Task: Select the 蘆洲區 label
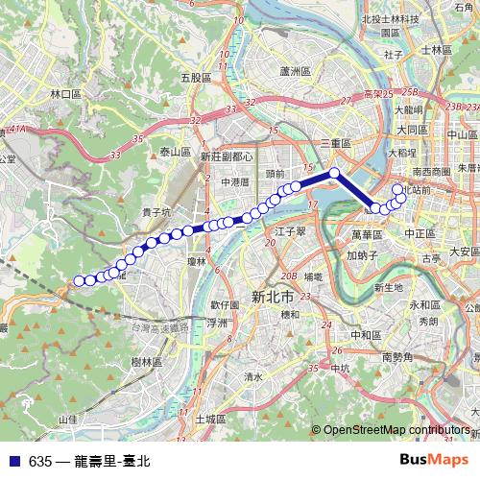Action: pyautogui.click(x=292, y=72)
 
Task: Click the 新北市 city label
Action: pyautogui.click(x=272, y=297)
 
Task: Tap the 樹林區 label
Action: pyautogui.click(x=146, y=362)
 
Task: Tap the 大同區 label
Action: pyautogui.click(x=413, y=129)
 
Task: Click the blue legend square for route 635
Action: pyautogui.click(x=13, y=461)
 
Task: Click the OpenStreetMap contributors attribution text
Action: pyautogui.click(x=397, y=430)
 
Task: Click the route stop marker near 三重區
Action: pyautogui.click(x=335, y=173)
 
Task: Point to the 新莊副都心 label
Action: pyautogui.click(x=227, y=156)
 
